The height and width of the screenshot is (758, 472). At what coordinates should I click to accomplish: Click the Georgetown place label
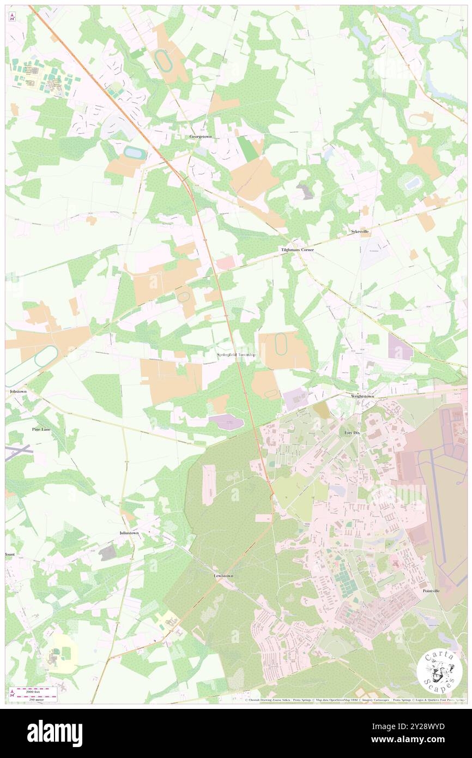click(200, 136)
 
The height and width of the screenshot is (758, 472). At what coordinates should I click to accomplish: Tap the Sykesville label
click(359, 232)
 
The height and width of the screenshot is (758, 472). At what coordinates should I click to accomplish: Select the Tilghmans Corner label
click(297, 250)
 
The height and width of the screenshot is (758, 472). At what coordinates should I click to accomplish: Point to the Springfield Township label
click(236, 355)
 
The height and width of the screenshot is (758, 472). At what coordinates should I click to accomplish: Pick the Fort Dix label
click(352, 432)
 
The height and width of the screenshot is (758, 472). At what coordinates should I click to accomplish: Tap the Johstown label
click(18, 392)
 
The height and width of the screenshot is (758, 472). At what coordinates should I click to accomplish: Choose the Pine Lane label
click(41, 430)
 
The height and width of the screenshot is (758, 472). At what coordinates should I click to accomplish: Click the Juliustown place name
click(129, 532)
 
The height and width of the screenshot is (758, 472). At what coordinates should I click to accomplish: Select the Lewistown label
click(223, 576)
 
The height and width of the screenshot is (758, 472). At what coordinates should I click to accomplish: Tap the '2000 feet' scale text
click(37, 690)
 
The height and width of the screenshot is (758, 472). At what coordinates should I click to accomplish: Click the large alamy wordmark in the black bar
click(55, 733)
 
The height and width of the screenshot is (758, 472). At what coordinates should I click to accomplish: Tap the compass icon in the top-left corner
click(12, 16)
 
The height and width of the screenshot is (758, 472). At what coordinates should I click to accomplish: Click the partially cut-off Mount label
click(10, 555)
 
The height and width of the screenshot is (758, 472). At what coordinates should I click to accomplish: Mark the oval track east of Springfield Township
click(281, 345)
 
